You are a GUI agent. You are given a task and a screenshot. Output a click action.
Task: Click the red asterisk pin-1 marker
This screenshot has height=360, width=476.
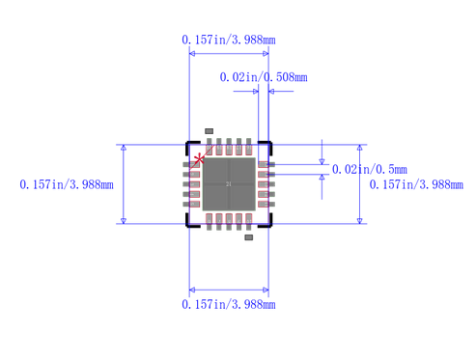pos(200,158)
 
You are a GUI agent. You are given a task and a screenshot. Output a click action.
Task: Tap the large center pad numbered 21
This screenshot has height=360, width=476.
pos(228,183)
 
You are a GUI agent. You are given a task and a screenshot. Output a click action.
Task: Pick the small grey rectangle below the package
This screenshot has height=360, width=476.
pos(249,236)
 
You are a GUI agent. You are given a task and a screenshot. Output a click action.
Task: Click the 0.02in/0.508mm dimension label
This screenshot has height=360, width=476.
pos(264,77)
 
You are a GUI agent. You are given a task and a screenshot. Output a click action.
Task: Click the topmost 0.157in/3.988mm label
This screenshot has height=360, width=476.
pos(228,40)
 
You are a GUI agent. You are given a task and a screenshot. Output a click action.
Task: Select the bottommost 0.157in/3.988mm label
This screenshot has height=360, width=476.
pos(228,305)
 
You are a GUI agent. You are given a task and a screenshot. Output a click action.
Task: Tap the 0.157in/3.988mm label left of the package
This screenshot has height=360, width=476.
pos(67,184)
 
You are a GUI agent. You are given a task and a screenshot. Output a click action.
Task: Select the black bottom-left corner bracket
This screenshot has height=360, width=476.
pos(189,222)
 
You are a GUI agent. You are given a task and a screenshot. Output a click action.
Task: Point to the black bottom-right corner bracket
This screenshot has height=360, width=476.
pos(267,222)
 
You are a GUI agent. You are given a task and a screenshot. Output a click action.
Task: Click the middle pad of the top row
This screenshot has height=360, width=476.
pos(228,147)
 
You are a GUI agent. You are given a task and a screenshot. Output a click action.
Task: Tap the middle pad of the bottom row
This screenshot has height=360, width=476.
pos(228,221)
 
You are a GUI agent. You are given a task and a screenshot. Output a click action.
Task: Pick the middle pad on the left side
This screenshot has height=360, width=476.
pos(191,183)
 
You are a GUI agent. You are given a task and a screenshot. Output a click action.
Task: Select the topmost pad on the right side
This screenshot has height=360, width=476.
pos(266,165)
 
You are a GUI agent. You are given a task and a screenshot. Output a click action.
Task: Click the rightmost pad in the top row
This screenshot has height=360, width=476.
pos(247,147)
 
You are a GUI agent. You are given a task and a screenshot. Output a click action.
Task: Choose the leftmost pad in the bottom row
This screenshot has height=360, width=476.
pos(209,221)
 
